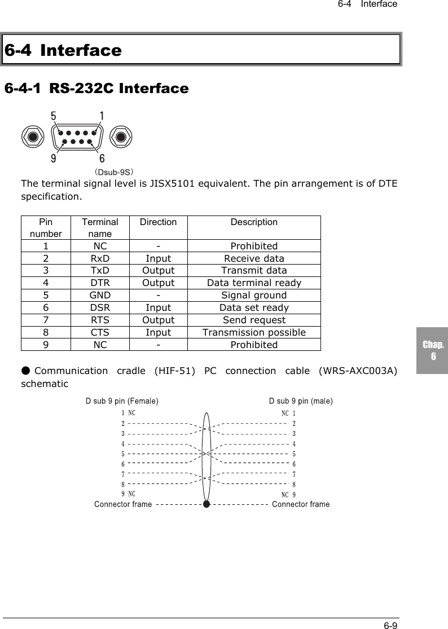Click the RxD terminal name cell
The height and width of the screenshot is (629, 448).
100,259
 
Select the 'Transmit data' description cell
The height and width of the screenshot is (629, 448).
254,270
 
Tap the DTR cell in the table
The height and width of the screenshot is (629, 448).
100,283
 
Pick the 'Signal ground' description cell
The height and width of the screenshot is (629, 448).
254,295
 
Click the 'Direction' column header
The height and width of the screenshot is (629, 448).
158,222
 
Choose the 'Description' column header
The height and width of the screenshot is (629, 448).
254,222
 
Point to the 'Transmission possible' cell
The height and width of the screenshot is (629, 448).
254,332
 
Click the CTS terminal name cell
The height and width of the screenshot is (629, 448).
100,332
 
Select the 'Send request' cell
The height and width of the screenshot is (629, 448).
254,320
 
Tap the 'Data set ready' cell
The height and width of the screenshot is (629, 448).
254,307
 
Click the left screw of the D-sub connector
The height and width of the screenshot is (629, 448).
33,137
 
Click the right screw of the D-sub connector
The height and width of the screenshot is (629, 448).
120,137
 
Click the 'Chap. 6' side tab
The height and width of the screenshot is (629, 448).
433,350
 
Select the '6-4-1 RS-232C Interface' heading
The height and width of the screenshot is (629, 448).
96,89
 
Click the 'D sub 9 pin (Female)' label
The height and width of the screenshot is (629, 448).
122,401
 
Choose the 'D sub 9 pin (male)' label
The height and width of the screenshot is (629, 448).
301,401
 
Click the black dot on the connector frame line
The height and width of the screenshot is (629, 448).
207,504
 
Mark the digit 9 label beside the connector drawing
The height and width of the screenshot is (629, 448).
53,159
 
